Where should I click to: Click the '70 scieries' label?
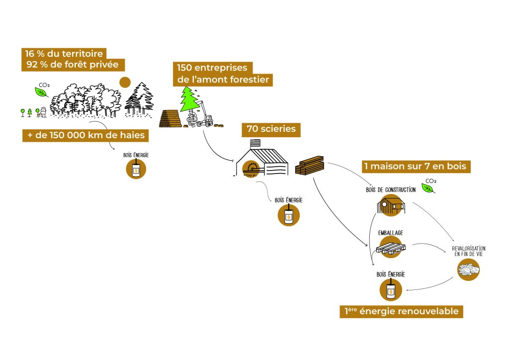coord(271,130)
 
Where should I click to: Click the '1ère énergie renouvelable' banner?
coord(402,312)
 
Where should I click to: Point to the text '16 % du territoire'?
coord(64,53)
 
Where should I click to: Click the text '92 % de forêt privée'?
coord(72,65)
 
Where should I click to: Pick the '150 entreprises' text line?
coord(212,68)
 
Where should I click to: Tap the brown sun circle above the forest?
coord(125,82)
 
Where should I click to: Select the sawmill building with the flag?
coord(263,159)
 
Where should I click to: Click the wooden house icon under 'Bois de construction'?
coord(390,205)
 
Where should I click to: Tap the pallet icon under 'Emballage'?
coord(391,246)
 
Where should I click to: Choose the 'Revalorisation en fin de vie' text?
coord(469,251)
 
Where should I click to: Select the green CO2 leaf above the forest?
coord(41,91)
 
